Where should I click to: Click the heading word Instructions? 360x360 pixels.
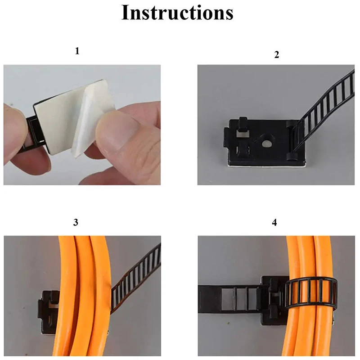[x=177, y=13]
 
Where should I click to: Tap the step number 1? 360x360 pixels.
[x=77, y=51]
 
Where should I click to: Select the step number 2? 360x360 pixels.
[x=277, y=54]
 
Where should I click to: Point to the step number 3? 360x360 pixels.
[x=76, y=222]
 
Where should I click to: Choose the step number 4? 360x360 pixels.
[x=274, y=222]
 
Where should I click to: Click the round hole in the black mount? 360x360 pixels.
[x=266, y=144]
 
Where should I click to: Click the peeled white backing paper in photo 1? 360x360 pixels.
[x=92, y=119]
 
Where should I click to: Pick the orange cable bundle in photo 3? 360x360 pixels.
[x=83, y=296]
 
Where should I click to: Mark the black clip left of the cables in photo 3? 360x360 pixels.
[x=49, y=311]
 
